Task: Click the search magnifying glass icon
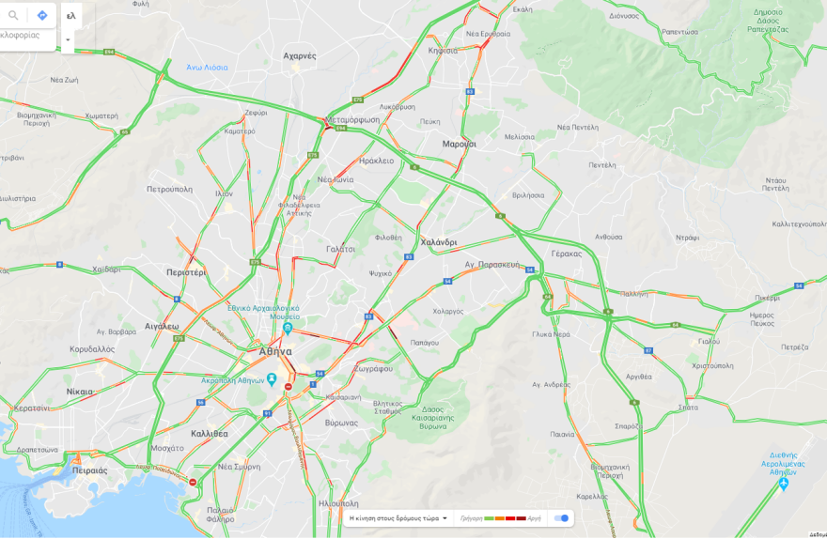click(13, 15)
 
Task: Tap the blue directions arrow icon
click(42, 15)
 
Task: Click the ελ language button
click(71, 15)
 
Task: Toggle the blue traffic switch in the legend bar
click(561, 517)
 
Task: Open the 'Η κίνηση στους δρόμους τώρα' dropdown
click(398, 517)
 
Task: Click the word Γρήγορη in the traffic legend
click(471, 518)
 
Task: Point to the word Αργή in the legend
click(534, 518)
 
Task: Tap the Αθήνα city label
click(275, 351)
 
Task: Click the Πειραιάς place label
click(89, 470)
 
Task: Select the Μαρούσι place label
click(460, 144)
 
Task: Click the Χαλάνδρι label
click(439, 242)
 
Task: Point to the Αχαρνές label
click(300, 55)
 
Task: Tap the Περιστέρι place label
click(186, 272)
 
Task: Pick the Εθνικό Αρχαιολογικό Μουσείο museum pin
click(288, 329)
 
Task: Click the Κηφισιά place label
click(443, 50)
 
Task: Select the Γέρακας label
click(567, 254)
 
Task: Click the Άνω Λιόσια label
click(207, 68)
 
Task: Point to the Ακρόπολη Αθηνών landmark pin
click(271, 379)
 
